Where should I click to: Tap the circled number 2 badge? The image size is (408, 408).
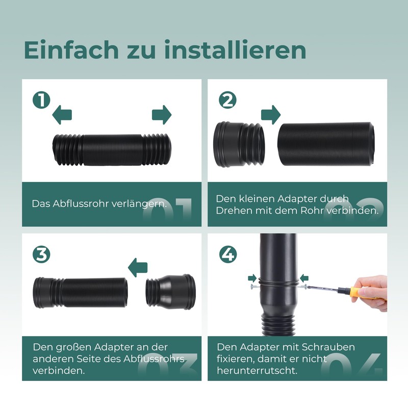pos(226,99)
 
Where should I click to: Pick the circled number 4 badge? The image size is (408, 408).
pos(226,253)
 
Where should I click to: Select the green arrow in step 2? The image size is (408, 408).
pos(271,114)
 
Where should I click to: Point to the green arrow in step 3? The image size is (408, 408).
pos(137,266)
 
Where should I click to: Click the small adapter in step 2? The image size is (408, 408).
pos(239,144)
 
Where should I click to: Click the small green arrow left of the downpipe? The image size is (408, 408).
pos(252,278)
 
